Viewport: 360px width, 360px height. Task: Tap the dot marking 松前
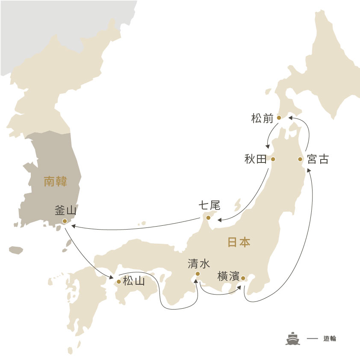click(x=279, y=118)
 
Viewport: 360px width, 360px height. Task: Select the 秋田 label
click(x=255, y=159)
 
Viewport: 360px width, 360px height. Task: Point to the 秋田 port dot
click(x=273, y=159)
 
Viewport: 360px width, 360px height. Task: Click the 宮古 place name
click(x=318, y=159)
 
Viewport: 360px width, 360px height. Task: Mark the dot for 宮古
click(x=300, y=159)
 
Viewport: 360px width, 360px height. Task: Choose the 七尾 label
click(x=209, y=206)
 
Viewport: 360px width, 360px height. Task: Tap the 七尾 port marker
click(x=209, y=218)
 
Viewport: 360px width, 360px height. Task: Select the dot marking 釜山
click(x=65, y=221)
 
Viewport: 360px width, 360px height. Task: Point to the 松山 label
click(x=134, y=281)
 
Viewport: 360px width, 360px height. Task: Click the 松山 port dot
click(x=118, y=281)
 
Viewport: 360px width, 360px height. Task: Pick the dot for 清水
click(x=198, y=274)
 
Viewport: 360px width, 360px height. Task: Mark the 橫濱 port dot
click(x=243, y=278)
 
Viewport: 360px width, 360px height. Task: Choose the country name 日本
click(x=239, y=242)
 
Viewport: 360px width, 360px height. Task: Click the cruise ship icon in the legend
click(x=292, y=338)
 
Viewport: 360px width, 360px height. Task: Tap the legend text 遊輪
click(x=330, y=338)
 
